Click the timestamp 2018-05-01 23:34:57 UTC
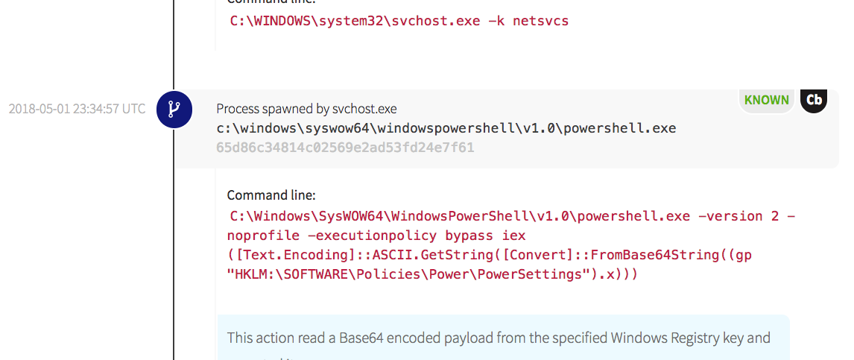pos(78,109)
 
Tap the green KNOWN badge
pos(766,100)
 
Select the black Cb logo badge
pos(814,101)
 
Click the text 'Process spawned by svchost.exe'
pos(306,109)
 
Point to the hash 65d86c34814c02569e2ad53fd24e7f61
pos(345,147)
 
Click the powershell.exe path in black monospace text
pos(446,128)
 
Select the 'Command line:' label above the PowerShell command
pos(271,195)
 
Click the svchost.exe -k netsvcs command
pos(399,21)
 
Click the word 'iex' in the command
pos(513,236)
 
